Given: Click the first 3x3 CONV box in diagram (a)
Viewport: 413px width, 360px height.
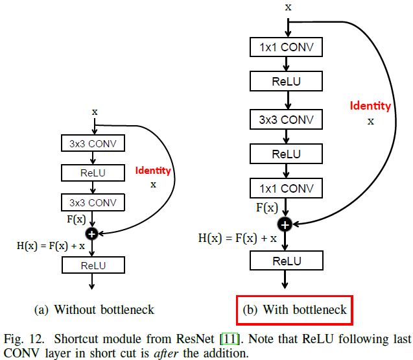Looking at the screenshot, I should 93,143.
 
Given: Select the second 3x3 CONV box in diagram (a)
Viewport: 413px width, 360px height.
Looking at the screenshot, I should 93,202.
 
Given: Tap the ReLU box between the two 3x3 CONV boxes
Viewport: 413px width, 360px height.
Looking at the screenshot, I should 93,173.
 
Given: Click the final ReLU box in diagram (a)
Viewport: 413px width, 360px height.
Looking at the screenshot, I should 93,265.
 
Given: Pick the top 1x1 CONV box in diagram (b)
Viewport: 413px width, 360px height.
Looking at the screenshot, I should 287,47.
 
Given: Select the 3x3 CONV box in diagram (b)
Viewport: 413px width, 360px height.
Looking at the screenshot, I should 287,119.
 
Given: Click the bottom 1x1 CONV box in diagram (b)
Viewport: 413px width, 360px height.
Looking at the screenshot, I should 287,189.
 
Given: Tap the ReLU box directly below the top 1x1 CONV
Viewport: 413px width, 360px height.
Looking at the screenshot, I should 287,82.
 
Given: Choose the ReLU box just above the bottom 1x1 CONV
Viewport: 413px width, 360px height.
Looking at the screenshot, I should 287,154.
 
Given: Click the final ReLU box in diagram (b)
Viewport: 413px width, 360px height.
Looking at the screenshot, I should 287,261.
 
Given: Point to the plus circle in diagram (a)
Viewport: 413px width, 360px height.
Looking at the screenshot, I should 93,232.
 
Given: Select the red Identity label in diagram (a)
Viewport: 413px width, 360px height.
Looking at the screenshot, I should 153,171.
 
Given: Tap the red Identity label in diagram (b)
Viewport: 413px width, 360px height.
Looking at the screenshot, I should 370,106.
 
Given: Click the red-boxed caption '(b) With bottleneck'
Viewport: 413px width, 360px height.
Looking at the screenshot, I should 295,310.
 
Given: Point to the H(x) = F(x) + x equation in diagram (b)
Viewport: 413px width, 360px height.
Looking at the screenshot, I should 237,238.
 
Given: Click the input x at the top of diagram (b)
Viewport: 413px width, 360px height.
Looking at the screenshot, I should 287,7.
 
